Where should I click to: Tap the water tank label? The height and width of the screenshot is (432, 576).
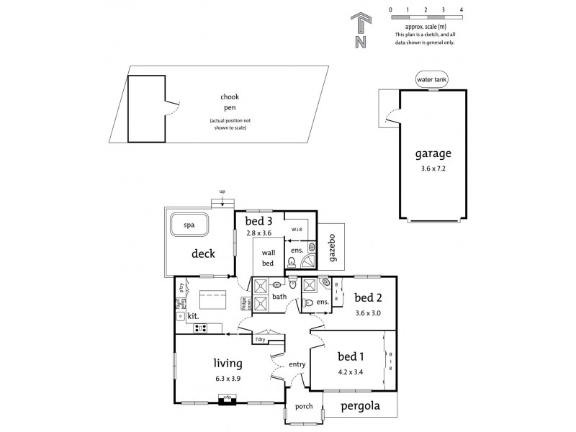tap(431, 78)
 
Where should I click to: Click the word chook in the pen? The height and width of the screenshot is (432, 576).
tap(230, 96)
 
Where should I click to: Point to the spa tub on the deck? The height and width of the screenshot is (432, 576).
tap(189, 225)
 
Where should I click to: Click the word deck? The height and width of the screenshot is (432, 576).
tap(204, 253)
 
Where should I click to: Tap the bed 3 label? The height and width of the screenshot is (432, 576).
tap(258, 220)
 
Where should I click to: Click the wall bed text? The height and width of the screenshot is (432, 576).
tap(269, 258)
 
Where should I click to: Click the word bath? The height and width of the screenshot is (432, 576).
tap(279, 296)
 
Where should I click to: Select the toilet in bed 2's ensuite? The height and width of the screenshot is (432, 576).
tap(308, 303)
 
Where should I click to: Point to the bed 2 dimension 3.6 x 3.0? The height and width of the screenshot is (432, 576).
tap(367, 313)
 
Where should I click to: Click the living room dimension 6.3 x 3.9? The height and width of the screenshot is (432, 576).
tap(228, 378)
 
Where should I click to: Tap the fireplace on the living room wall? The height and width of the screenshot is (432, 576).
tap(227, 397)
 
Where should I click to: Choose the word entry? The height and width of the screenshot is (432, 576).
tap(297, 364)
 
